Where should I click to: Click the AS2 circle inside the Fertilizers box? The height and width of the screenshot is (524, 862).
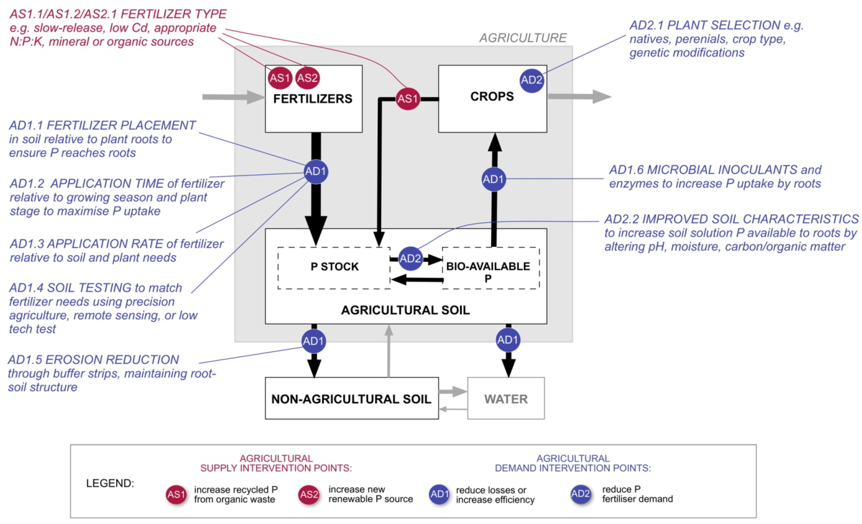click(307, 78)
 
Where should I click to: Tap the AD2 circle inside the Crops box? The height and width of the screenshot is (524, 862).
click(531, 80)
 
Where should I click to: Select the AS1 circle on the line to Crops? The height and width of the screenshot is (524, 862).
click(407, 99)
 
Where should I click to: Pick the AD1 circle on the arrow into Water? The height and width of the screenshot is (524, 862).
click(508, 340)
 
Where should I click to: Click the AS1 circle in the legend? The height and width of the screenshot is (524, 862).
click(176, 495)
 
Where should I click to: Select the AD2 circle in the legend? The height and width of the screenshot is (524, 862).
click(580, 494)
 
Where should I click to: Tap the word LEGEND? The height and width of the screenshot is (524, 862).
click(110, 483)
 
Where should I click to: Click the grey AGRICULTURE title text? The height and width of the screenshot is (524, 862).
click(523, 38)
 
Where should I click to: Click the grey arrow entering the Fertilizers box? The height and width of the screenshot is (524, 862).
click(233, 97)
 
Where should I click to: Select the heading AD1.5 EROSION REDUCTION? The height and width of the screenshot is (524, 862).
click(93, 360)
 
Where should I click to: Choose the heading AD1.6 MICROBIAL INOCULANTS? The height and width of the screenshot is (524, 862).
click(715, 170)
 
